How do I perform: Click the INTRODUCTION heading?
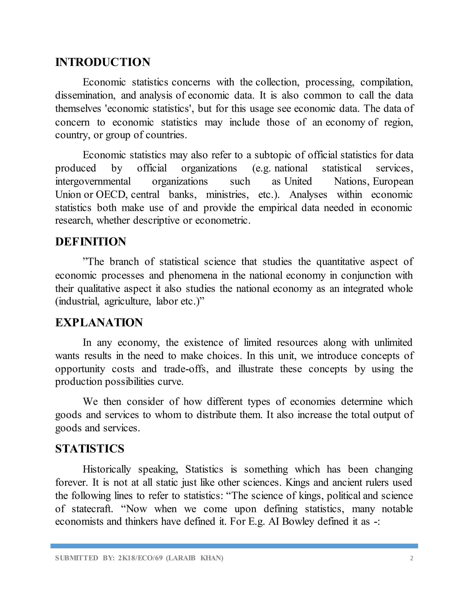[x=103, y=62]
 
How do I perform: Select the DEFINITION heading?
[x=91, y=242]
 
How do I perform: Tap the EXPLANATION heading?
[x=99, y=322]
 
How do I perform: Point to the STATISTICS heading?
[x=90, y=449]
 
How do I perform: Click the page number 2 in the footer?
[x=411, y=558]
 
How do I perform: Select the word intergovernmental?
[x=93, y=181]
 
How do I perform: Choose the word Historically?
[x=107, y=469]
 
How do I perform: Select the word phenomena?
[x=193, y=276]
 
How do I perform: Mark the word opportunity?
[x=80, y=369]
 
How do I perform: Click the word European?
[x=393, y=181]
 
